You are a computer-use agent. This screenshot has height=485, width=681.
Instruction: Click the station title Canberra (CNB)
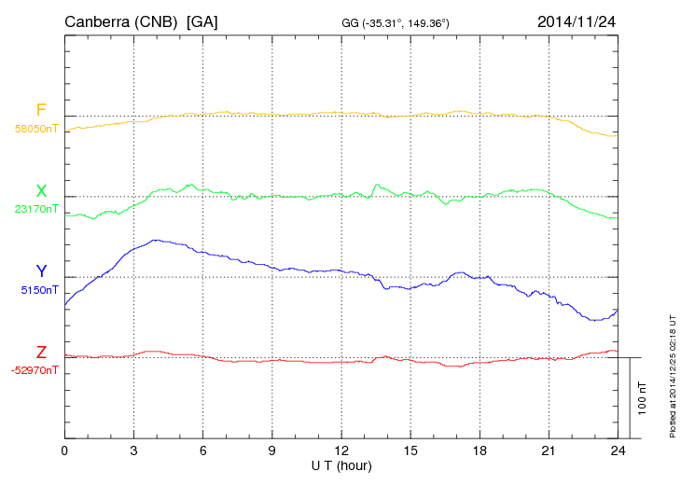(x=121, y=21)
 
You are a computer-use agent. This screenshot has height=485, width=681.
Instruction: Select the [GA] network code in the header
(x=202, y=21)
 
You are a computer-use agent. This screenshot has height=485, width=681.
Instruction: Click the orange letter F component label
(x=40, y=110)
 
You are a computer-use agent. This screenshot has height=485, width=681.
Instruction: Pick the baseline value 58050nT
(x=36, y=129)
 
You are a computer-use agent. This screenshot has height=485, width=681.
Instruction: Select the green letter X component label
(x=41, y=191)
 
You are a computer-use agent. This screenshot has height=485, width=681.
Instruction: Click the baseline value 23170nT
(x=36, y=209)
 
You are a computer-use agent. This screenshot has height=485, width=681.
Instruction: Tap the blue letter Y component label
(x=41, y=271)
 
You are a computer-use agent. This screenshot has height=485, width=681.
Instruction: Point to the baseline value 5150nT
(x=39, y=290)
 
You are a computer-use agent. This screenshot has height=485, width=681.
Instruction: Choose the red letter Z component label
(x=41, y=353)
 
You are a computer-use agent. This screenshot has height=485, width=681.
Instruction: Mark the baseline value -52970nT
(x=35, y=370)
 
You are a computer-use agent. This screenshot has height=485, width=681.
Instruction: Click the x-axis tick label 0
(x=64, y=451)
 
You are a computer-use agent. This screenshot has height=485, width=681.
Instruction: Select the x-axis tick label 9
(x=272, y=451)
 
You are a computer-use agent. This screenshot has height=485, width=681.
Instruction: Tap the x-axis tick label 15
(x=410, y=451)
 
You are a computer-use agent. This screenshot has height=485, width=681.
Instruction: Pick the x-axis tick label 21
(x=549, y=451)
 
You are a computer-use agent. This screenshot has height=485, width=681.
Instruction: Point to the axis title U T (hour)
(x=341, y=465)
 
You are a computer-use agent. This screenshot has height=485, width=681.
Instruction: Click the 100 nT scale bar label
(x=643, y=398)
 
